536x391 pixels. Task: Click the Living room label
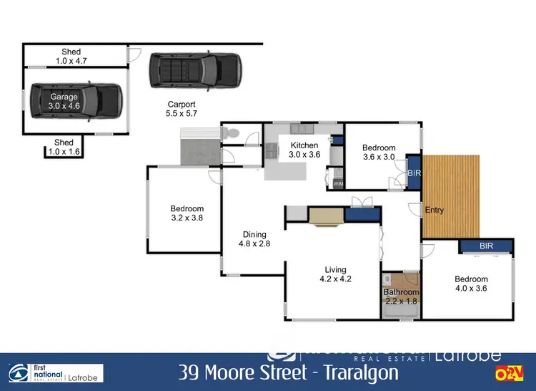(332, 270)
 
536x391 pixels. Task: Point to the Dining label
(254, 234)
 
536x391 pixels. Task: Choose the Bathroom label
(401, 292)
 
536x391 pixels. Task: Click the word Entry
(434, 211)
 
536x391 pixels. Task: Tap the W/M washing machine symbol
(339, 185)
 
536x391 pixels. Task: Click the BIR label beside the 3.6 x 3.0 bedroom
(414, 173)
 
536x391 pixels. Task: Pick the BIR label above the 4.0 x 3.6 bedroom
(486, 246)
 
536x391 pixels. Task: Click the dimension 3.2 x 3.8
(187, 218)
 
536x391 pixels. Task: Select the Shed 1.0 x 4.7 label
(71, 57)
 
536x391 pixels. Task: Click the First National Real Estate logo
(56, 372)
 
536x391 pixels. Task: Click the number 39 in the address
(190, 374)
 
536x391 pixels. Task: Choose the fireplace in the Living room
(326, 216)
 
